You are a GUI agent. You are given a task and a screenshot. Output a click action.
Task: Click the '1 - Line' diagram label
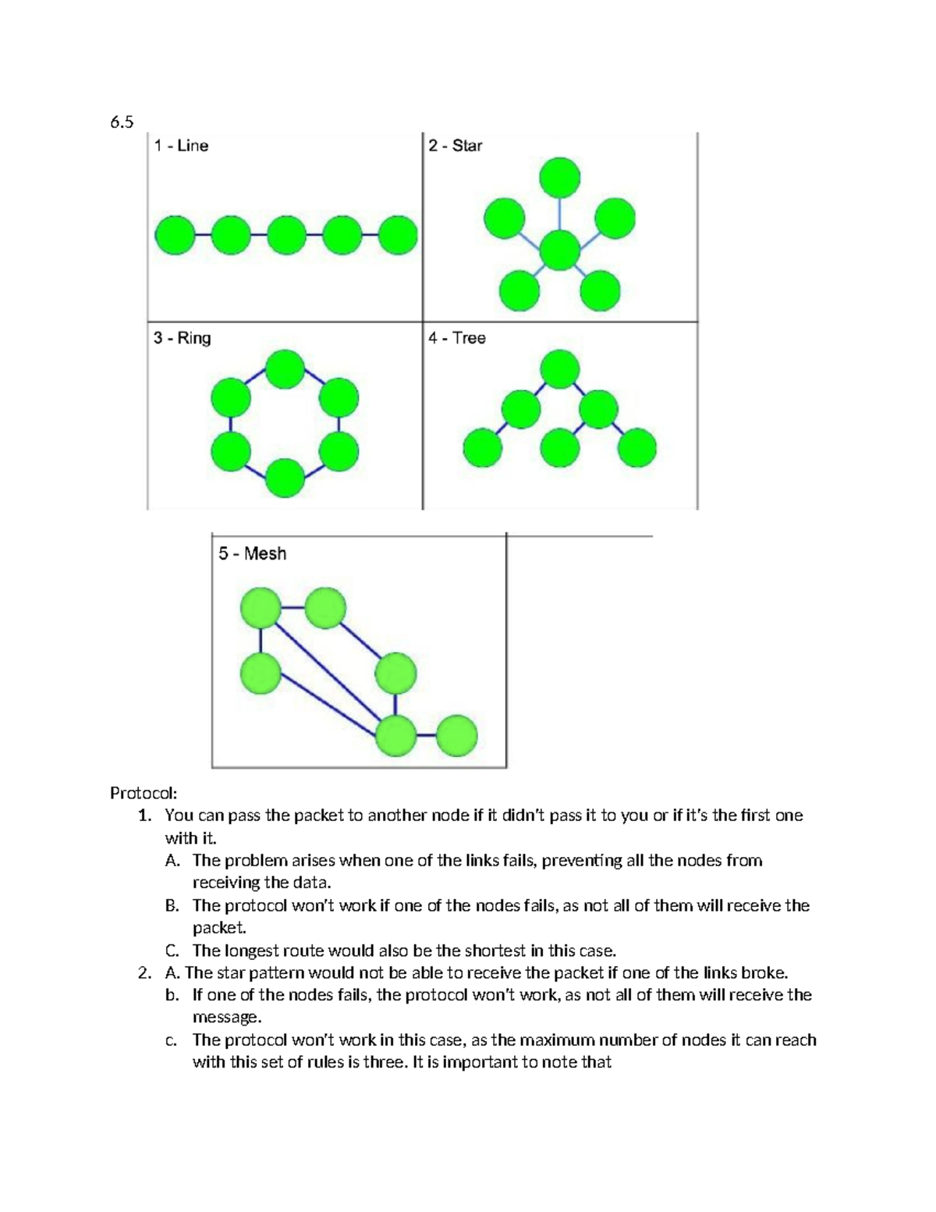click(x=181, y=146)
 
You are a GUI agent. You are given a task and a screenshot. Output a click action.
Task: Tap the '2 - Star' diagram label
click(x=456, y=146)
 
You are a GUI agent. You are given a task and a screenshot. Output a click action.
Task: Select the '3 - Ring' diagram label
click(x=182, y=338)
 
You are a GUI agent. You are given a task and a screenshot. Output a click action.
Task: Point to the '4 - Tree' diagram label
click(x=457, y=338)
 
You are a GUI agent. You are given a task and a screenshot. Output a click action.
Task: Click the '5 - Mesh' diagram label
click(x=252, y=553)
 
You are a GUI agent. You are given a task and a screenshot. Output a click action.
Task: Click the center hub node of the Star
click(x=560, y=251)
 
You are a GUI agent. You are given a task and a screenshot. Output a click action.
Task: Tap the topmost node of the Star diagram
click(x=560, y=177)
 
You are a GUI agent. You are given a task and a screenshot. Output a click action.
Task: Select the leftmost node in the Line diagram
click(x=175, y=235)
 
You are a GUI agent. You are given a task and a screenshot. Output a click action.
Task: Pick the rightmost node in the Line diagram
click(x=398, y=235)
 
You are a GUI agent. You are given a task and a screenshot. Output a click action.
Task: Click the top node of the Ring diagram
click(x=285, y=369)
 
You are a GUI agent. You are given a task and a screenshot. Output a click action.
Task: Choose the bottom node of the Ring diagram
click(x=285, y=478)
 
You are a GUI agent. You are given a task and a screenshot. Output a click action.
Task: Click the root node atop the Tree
click(x=560, y=369)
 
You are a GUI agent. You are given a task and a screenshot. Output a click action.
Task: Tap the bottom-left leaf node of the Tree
click(x=483, y=448)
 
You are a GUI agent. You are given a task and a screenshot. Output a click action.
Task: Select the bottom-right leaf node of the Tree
click(x=637, y=448)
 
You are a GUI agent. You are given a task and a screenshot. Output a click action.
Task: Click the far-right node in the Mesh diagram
click(x=456, y=735)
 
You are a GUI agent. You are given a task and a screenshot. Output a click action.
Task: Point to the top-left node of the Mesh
click(x=261, y=608)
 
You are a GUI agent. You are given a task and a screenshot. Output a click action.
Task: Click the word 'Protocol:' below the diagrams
click(x=144, y=794)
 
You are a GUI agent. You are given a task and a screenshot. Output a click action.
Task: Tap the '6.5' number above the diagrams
click(x=122, y=122)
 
